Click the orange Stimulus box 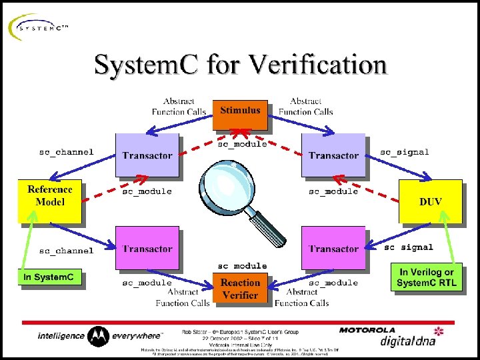click(240, 114)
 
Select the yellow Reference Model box click(50, 200)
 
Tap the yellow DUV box click(430, 201)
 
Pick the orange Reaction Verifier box click(240, 288)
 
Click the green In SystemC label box click(49, 277)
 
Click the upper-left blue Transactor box click(147, 155)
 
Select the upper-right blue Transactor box click(333, 155)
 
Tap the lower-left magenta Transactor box click(147, 248)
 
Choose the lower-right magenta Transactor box click(333, 248)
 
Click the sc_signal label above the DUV click(404, 152)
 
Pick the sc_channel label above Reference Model click(66, 152)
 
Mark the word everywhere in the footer click(137, 335)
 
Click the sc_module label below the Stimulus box click(243, 143)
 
